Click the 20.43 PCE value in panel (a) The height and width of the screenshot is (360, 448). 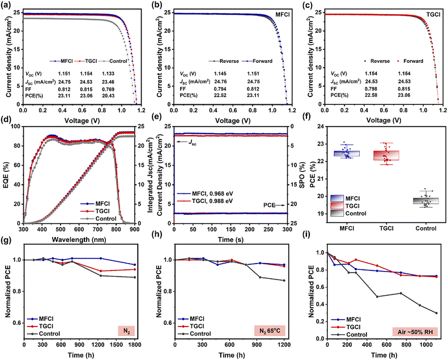108,95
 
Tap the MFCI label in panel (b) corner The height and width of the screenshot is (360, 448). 282,14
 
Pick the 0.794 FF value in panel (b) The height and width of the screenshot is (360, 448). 220,88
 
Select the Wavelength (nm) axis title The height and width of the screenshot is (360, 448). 79,239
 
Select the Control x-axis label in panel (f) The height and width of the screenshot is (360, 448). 426,228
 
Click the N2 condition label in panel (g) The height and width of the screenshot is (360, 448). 126,331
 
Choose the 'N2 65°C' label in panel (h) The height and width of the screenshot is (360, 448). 270,331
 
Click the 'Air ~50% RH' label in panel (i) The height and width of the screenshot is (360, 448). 415,332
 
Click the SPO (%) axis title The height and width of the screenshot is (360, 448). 302,175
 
